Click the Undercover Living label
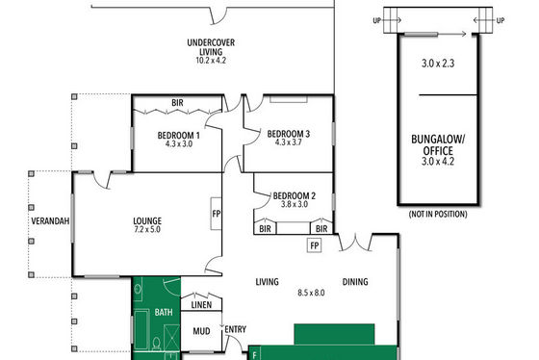point(211,47)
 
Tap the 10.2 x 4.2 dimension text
point(211,61)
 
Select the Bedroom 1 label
point(178,136)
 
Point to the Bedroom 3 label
point(289,134)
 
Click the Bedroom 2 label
point(295,196)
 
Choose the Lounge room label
point(147,220)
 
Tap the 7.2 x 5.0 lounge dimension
point(147,229)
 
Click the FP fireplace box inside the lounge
point(217,214)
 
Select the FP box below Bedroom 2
point(314,245)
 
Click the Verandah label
point(50,221)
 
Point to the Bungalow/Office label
point(438,145)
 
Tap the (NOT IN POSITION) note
point(438,215)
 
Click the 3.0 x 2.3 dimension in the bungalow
point(438,64)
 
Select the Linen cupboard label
point(201,305)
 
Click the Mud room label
point(201,331)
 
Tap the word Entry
point(236,329)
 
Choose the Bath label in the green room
point(164,312)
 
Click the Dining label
point(355,282)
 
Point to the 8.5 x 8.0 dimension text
point(311,293)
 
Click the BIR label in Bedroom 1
point(177,102)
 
